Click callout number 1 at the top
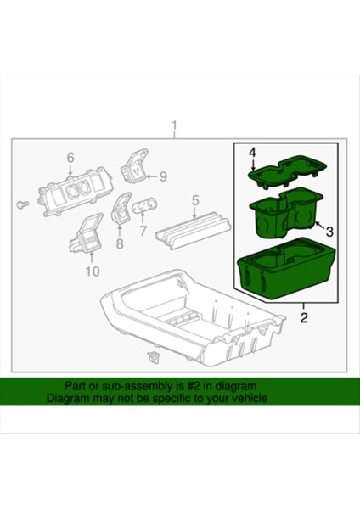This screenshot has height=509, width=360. pos(175,128)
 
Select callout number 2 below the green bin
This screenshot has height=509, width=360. pos(304,318)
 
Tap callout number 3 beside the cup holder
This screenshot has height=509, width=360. pos(330,230)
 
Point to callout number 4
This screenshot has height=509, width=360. pos(251,152)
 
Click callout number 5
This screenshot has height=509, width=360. pos(195,201)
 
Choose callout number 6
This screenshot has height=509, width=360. pos(70,157)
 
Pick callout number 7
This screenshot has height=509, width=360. pos(143,230)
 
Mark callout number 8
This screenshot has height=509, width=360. pos(119,244)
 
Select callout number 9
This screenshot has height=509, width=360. pos(163,176)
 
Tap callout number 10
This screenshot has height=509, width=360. pos(92,271)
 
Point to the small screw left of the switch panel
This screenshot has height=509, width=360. pos(22,205)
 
